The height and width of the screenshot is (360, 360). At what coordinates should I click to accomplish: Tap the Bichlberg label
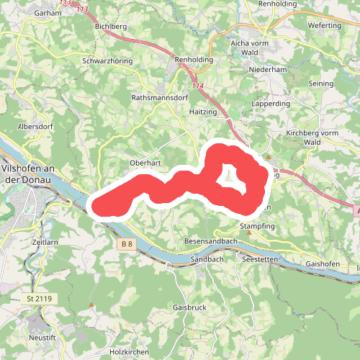(110, 26)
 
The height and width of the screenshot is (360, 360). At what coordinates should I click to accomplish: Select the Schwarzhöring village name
(107, 61)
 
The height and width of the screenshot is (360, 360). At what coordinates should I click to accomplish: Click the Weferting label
(324, 26)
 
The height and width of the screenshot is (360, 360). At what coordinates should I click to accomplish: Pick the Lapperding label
(270, 104)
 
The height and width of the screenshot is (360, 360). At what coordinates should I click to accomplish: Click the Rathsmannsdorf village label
(159, 96)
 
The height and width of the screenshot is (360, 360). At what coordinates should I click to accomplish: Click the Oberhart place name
(144, 163)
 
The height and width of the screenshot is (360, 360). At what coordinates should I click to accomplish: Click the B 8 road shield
(127, 244)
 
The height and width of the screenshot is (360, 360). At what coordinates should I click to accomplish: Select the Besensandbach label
(211, 240)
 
